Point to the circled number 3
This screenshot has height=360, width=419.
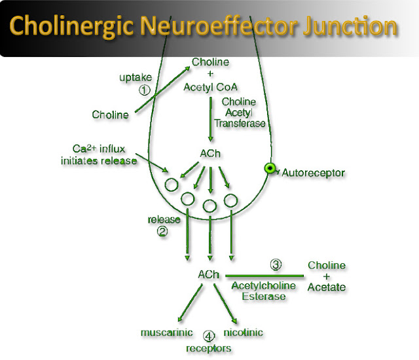click(x=276, y=265)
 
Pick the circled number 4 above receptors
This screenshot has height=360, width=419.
click(x=209, y=336)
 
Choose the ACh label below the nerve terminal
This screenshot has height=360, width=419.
click(x=209, y=276)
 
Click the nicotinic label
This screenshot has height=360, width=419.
click(x=244, y=333)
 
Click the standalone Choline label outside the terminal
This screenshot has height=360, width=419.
click(x=110, y=115)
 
